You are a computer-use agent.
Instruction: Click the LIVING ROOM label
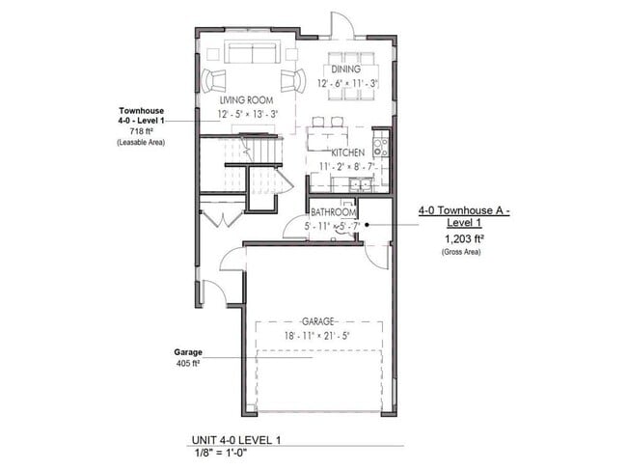(246, 100)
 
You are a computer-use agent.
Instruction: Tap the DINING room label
(345, 69)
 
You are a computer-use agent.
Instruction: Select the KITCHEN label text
(347, 153)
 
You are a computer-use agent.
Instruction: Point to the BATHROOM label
(334, 212)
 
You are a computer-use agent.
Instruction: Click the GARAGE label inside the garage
(317, 320)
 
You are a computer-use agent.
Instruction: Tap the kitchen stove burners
(381, 148)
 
